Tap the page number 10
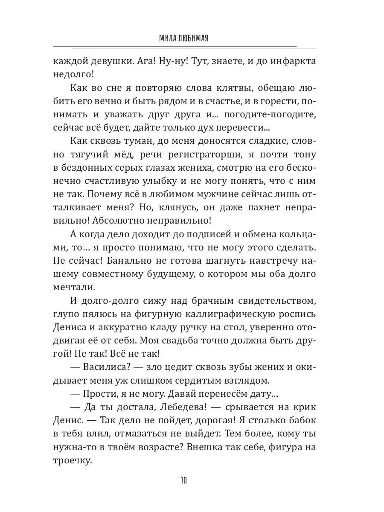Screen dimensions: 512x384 (183, 481)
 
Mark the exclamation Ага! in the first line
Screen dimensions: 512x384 (157, 61)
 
